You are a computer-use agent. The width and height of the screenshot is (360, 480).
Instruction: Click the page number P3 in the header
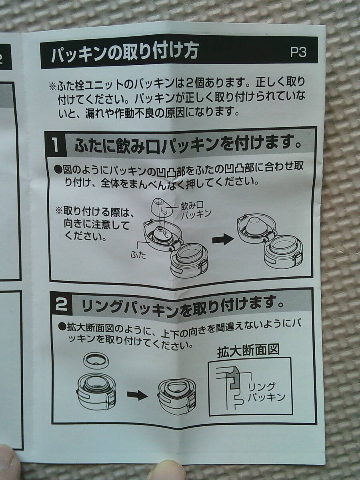tap(298, 52)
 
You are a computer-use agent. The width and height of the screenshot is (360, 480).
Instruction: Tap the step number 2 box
tap(62, 306)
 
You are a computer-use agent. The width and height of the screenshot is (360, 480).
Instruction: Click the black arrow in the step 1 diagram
tap(222, 240)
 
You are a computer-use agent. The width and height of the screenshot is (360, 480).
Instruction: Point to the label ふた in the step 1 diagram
tap(138, 255)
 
